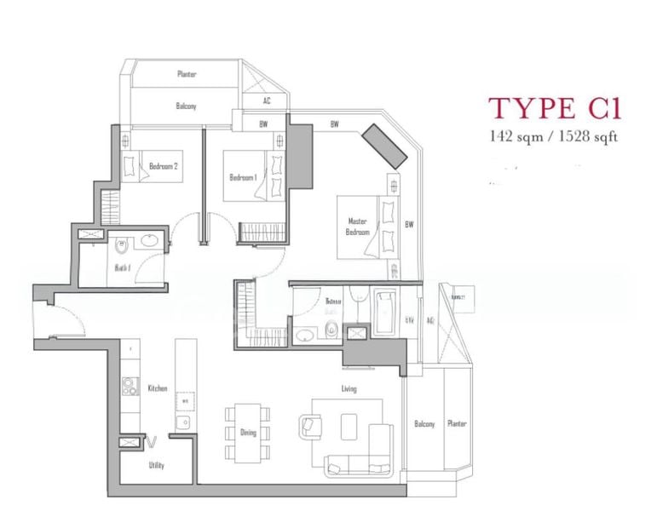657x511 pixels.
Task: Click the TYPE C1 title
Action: tap(554, 110)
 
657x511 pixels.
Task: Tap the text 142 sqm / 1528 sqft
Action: tap(554, 135)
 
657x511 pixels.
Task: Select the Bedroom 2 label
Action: tap(163, 166)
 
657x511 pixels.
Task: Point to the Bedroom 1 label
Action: tap(243, 177)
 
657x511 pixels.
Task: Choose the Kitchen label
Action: tap(157, 388)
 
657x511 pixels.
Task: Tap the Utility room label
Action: tap(156, 466)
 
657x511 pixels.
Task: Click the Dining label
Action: tap(248, 433)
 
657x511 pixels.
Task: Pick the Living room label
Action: tap(349, 389)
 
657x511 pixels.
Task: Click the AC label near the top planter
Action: tap(267, 100)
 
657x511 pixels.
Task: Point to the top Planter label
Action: tap(187, 74)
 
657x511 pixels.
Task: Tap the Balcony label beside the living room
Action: tap(424, 424)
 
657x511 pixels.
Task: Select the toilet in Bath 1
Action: tap(121, 245)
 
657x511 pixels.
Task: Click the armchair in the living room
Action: tap(310, 424)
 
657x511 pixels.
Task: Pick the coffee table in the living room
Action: tap(349, 423)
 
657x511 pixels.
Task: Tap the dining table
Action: tap(248, 422)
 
